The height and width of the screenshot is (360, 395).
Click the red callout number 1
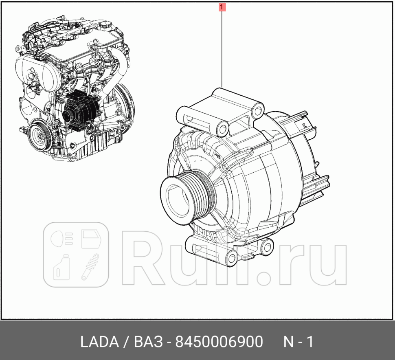(x=222, y=7)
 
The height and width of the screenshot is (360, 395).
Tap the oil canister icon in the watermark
(x=61, y=267)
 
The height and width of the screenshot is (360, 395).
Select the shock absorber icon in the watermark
(x=90, y=266)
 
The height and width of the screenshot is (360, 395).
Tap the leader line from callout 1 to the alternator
(x=222, y=49)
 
